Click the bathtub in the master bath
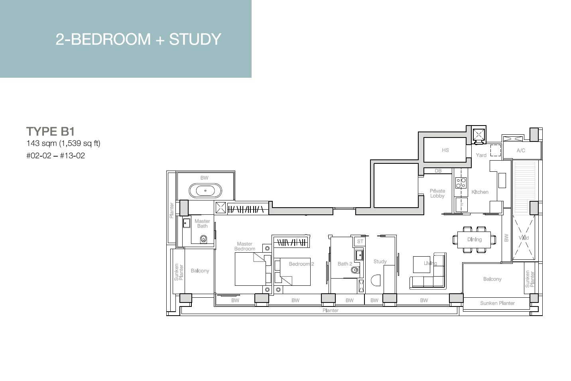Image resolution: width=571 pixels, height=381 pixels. tap(205, 190)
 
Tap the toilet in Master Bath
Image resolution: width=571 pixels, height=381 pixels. tap(203, 239)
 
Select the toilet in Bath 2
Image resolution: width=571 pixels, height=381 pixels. tap(354, 270)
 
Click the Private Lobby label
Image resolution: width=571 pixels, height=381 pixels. tap(437, 193)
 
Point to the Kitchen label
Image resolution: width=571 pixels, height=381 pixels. tap(480, 192)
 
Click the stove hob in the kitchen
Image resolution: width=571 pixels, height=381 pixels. tap(461, 183)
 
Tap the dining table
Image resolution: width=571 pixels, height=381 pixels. tap(474, 240)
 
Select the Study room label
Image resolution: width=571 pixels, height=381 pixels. tap(380, 261)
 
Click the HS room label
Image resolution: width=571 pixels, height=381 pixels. tap(445, 150)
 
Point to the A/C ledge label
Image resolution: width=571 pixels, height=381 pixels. tap(521, 150)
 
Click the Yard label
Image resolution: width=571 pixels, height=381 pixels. tap(481, 155)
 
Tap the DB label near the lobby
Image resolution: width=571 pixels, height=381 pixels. tap(438, 171)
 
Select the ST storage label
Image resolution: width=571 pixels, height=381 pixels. tap(360, 242)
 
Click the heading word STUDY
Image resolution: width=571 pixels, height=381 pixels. tap(195, 39)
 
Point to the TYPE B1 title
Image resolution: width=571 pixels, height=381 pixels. tap(50, 132)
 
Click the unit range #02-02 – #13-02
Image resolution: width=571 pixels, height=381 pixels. tap(55, 155)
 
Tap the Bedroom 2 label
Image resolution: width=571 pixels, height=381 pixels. tap(301, 264)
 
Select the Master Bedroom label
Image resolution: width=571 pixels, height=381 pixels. tap(244, 246)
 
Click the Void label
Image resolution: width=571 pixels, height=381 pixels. tap(524, 238)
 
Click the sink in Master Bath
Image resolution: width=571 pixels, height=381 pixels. tap(186, 223)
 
